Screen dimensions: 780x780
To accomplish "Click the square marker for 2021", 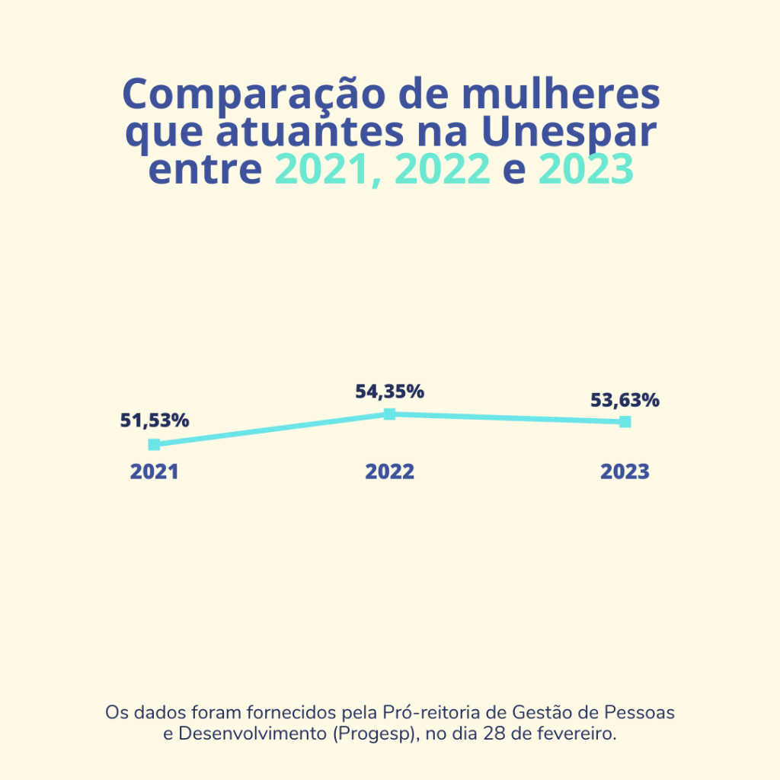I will pos(154,445).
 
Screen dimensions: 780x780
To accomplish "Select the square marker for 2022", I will pos(389,414).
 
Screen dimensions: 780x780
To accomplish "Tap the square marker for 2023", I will pos(625,422).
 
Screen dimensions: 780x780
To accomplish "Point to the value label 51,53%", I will pos(155,420).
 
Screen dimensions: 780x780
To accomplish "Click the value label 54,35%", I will pos(389,392).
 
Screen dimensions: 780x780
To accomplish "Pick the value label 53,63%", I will pos(625,400).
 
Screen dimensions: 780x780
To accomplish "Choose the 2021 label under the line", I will pos(154,472).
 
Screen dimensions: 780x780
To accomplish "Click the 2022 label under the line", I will pos(389,472).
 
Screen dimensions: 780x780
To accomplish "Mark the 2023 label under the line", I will pos(625,472).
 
